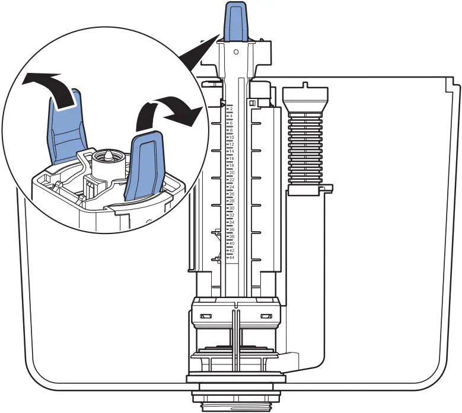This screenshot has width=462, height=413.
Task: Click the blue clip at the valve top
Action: (236, 22)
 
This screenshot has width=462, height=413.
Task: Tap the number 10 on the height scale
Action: (231, 137)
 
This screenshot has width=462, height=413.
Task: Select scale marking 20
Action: (231, 172)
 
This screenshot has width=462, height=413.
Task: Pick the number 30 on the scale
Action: (231, 208)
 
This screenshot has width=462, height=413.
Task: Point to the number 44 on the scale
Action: (231, 258)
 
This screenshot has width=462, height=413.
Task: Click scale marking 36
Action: (231, 229)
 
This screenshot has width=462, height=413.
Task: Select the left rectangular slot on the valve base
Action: (207, 316)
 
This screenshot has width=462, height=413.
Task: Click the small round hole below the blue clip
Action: (236, 52)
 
